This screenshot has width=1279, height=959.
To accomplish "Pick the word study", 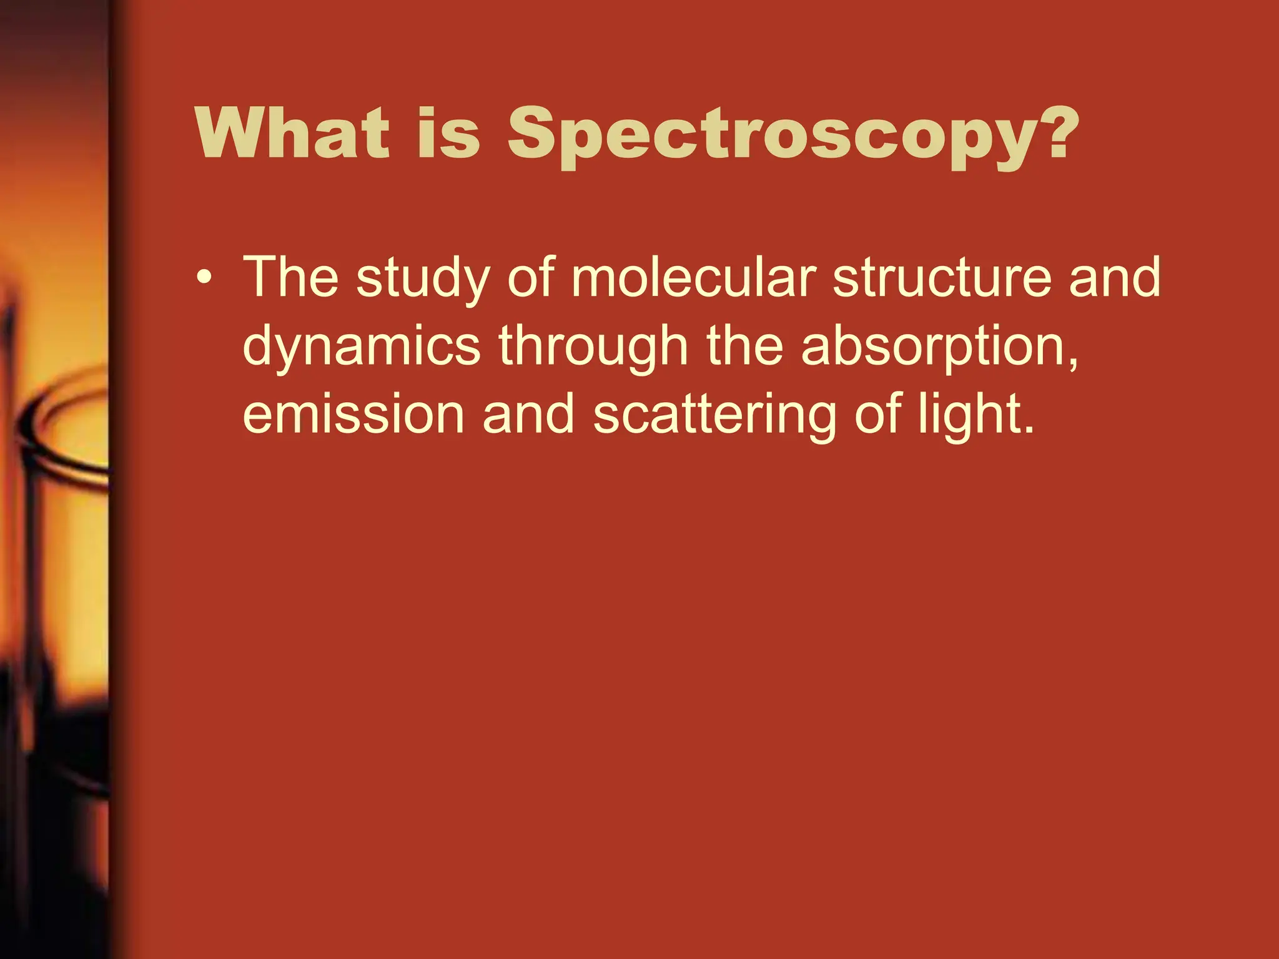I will pos(423,279).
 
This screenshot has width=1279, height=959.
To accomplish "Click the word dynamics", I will pos(362,348).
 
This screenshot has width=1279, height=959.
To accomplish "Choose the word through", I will pos(593,348).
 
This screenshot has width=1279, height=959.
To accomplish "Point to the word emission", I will pos(353,414).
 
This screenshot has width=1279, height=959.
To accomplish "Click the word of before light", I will pos(877,414).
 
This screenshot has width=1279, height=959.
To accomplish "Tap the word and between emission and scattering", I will pos(528,414).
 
